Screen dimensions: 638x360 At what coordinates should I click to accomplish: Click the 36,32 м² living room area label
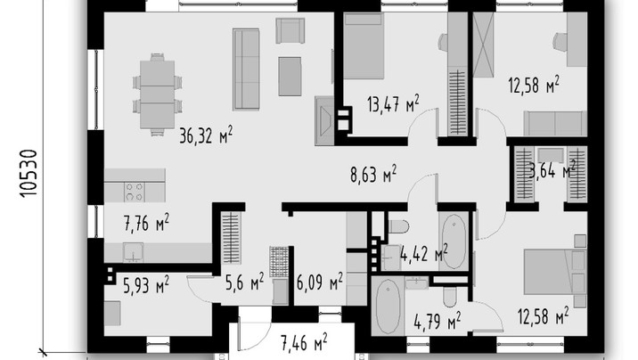(x=206, y=135)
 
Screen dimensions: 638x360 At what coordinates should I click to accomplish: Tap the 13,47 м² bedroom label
(x=393, y=103)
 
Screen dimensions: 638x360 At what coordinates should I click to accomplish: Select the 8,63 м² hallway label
(x=373, y=174)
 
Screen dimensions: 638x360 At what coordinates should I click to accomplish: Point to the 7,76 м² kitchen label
(x=146, y=223)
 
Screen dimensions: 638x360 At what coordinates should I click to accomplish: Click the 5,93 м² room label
(x=146, y=284)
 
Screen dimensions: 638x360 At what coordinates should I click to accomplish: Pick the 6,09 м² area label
(x=319, y=282)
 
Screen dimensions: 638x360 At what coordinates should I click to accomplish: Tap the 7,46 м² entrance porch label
(x=304, y=342)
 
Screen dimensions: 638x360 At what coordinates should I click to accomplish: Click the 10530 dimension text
(x=29, y=174)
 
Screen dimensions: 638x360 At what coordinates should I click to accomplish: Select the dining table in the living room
(x=157, y=94)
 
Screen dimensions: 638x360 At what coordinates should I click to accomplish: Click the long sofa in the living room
(x=246, y=70)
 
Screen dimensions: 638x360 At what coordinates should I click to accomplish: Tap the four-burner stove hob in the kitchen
(x=135, y=192)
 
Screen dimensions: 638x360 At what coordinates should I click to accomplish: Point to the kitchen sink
(x=133, y=252)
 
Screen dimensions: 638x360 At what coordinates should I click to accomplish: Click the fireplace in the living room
(x=324, y=121)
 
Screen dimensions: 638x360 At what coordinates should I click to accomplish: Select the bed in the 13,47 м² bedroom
(x=364, y=45)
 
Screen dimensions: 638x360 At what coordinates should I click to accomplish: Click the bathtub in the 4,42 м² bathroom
(x=454, y=241)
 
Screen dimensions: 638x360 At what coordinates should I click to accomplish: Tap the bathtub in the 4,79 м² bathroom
(x=388, y=306)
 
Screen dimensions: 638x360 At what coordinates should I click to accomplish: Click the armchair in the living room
(x=290, y=30)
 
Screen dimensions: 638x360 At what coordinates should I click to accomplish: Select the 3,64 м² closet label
(x=552, y=169)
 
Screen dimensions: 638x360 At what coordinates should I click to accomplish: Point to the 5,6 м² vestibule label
(x=244, y=282)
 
